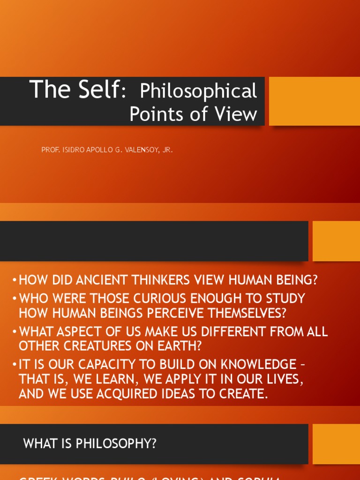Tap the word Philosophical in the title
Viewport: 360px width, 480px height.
point(198,91)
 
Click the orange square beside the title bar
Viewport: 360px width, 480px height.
point(315,101)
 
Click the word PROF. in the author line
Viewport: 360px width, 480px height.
point(50,150)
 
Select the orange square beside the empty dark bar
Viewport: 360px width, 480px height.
point(336,241)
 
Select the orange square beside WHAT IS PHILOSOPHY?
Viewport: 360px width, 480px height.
point(336,444)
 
